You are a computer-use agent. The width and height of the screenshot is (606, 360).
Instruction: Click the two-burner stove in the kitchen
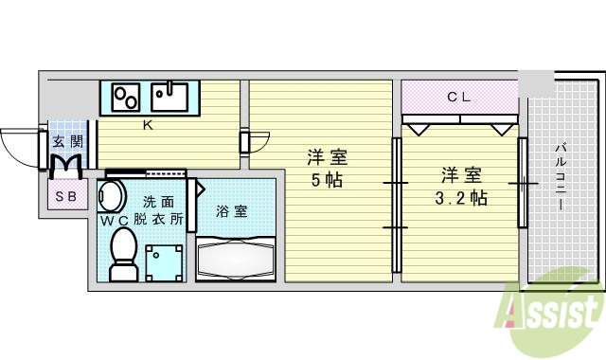[127, 97]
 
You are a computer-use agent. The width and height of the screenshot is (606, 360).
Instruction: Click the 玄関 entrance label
[66, 142]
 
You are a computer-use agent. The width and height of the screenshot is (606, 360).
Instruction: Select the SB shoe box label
[65, 197]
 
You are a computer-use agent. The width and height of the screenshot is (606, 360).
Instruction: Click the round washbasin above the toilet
[112, 197]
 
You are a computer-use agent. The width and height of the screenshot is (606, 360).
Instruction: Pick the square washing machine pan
[164, 261]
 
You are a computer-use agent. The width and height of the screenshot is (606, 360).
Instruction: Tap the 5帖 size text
[324, 178]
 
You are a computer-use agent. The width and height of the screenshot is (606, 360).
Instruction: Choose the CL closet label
[459, 96]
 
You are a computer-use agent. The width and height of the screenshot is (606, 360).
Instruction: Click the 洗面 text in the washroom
[158, 201]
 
